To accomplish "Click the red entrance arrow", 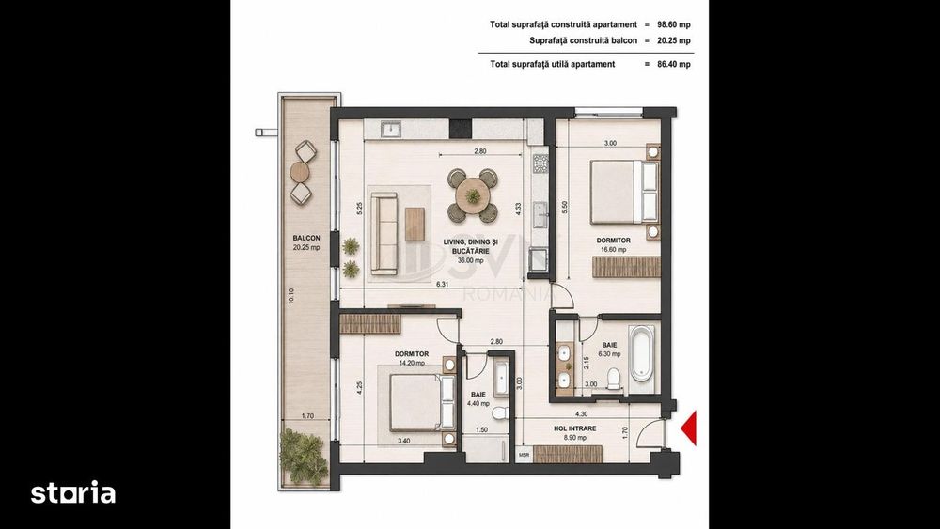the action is [689, 428].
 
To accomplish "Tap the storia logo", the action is [73, 492].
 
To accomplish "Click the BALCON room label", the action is [306, 238].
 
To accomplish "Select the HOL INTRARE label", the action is [574, 429].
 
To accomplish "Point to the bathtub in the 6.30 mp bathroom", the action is [641, 353].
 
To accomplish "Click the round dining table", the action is [473, 194].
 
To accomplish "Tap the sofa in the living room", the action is [384, 234].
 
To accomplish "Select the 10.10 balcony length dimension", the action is [291, 296].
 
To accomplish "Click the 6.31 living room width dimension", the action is [443, 285].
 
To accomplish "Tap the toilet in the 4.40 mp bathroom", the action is [499, 412].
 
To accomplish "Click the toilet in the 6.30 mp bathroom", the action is [613, 379].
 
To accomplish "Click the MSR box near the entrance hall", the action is [524, 456].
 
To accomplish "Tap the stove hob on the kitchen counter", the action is [540, 163].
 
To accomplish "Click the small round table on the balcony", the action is [300, 173].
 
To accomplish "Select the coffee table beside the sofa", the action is [415, 224].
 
